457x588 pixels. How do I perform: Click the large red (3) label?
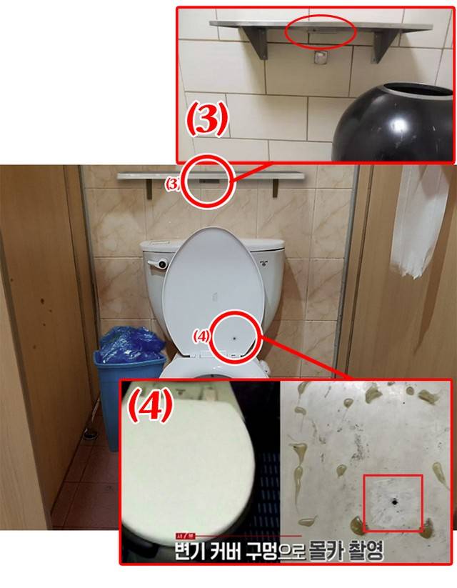(x=207, y=119)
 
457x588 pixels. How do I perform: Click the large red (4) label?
(x=151, y=406)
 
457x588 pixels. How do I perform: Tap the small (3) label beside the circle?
(x=174, y=184)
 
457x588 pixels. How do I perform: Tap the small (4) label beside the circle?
(x=201, y=337)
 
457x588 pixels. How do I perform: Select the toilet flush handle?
(x=157, y=264)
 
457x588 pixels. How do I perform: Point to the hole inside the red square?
(x=394, y=501)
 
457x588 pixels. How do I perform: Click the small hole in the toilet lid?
(x=235, y=338)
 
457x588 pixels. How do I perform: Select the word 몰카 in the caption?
(x=324, y=551)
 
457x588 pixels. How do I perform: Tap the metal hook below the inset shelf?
(x=320, y=59)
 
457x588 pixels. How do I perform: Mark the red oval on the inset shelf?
(x=320, y=32)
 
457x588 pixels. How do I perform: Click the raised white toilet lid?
(x=214, y=292)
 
